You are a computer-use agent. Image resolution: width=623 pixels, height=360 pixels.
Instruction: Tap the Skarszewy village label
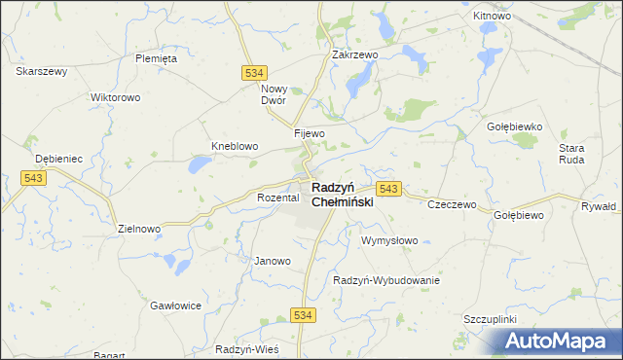[x=42, y=71]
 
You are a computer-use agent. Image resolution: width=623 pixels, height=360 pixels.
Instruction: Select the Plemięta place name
[x=156, y=58]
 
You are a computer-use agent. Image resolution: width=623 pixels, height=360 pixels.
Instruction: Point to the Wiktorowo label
[x=116, y=98]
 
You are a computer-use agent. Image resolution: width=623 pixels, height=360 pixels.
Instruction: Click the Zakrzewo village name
[x=354, y=55]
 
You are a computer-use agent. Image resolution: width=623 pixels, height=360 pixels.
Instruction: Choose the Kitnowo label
[x=492, y=17]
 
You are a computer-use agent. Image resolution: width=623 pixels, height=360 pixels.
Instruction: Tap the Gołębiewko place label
[x=513, y=126]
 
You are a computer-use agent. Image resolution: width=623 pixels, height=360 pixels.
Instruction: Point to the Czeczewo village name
[x=452, y=205]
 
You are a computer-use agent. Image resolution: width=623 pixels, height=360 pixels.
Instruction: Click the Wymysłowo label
[x=389, y=240]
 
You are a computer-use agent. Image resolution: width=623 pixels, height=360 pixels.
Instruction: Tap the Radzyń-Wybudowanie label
[x=386, y=280]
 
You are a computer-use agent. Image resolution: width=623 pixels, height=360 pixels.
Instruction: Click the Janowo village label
[x=273, y=261]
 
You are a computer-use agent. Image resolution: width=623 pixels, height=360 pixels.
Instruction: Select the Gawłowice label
[x=175, y=306]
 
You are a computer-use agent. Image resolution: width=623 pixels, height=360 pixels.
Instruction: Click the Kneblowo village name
[x=235, y=147]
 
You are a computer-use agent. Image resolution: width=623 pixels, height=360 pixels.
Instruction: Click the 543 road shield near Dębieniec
[x=33, y=177]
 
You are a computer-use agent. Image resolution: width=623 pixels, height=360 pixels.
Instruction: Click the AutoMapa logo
[x=559, y=341]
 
